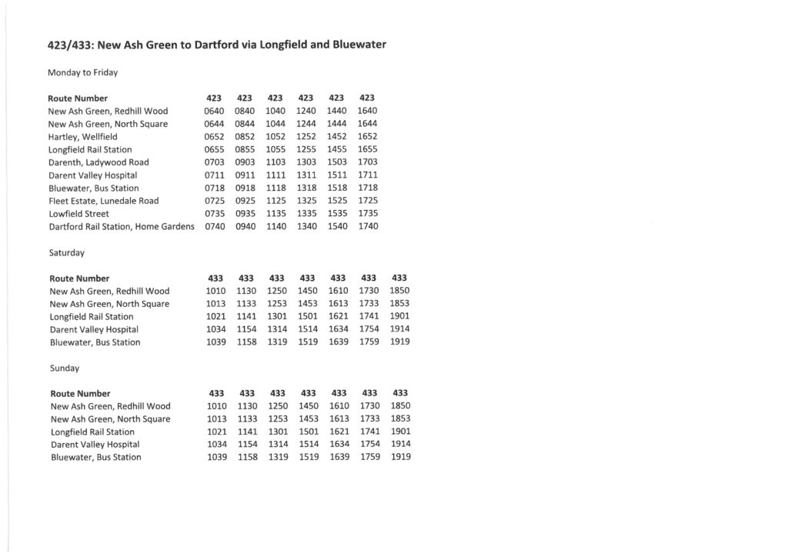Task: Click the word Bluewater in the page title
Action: [358, 45]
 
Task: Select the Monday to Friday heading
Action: [82, 72]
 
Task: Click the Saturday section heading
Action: [66, 252]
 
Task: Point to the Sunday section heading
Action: [64, 368]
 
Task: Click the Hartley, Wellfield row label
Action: [82, 137]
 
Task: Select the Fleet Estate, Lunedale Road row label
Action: [103, 201]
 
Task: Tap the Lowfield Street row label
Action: [78, 214]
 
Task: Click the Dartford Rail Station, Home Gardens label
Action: [121, 226]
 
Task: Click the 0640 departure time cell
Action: [213, 111]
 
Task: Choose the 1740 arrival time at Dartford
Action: [368, 226]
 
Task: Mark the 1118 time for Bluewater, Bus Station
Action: [275, 188]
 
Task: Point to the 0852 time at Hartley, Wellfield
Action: [244, 137]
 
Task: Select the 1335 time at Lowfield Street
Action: [306, 214]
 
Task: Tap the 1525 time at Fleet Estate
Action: [337, 201]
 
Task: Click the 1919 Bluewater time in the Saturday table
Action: [400, 342]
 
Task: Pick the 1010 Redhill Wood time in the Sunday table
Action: [216, 406]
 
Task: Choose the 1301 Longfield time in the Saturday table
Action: [277, 316]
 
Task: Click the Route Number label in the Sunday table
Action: [80, 393]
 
